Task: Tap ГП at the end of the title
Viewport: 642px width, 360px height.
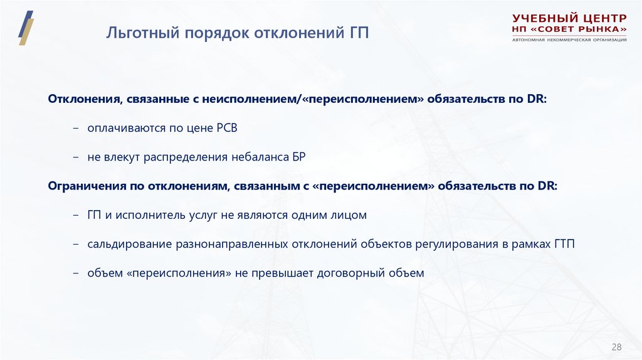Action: (359, 32)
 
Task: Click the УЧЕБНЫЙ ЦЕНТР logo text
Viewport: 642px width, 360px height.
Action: (569, 18)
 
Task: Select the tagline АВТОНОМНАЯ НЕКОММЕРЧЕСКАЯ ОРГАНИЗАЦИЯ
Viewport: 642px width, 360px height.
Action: (569, 40)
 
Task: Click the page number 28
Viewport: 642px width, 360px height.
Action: (616, 347)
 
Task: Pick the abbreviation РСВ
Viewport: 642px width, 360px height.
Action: (227, 128)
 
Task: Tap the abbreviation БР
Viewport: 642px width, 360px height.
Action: (298, 157)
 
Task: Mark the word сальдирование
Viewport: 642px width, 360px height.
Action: (126, 244)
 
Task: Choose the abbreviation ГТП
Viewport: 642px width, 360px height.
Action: (564, 244)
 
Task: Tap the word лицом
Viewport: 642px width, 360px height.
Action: (352, 215)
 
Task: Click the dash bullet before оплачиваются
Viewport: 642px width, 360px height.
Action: (76, 128)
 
